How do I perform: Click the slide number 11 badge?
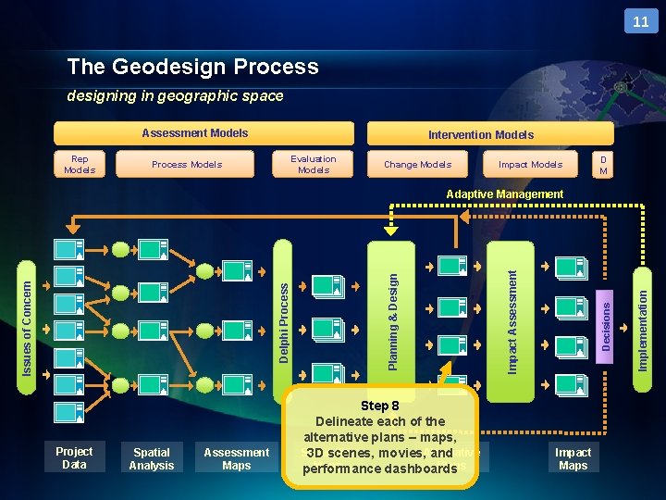click(x=641, y=21)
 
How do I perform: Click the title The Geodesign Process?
click(x=192, y=67)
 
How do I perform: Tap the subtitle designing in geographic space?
click(x=175, y=96)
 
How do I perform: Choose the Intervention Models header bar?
click(x=481, y=134)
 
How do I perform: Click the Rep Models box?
click(x=80, y=164)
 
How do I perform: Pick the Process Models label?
click(x=187, y=165)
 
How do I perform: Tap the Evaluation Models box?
click(x=314, y=164)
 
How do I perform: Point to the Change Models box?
click(x=417, y=165)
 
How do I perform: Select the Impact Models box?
click(x=530, y=165)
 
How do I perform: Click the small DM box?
click(x=603, y=165)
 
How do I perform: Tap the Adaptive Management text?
click(x=504, y=194)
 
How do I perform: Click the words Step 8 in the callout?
click(x=380, y=406)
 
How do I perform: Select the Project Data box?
click(x=74, y=457)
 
